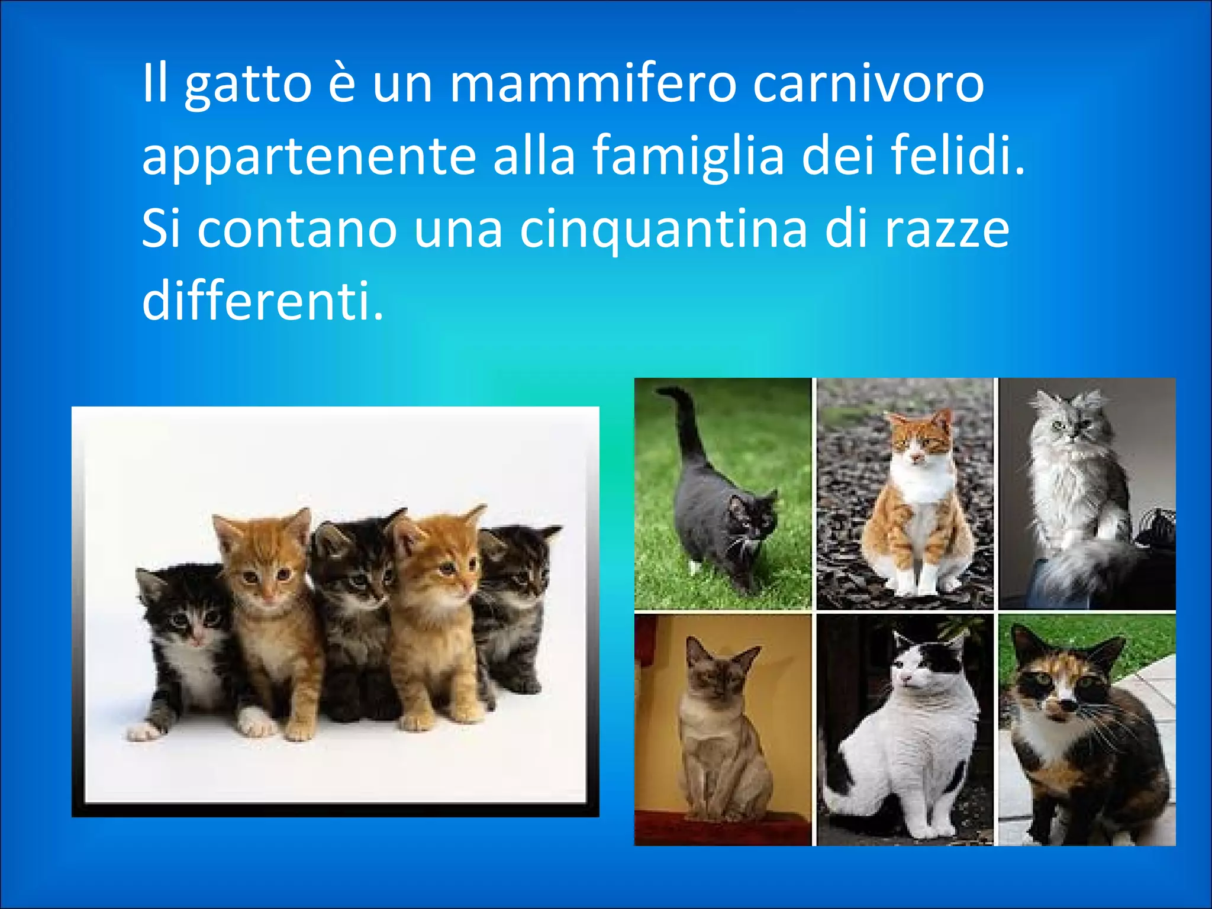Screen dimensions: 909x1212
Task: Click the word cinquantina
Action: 663,230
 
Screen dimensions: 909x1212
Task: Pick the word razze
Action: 946,230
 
